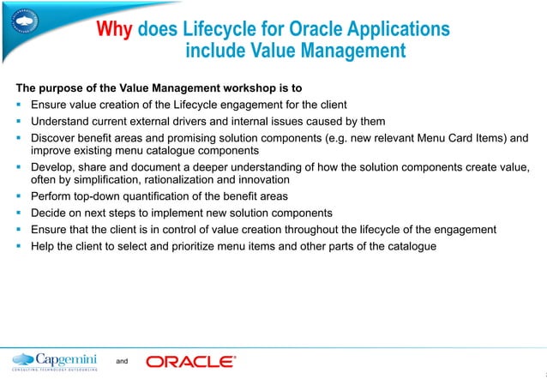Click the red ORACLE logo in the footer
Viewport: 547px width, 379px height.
coord(190,362)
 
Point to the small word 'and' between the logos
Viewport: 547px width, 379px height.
coord(122,362)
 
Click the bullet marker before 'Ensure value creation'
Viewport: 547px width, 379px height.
coord(18,105)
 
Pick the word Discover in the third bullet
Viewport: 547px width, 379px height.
coord(54,137)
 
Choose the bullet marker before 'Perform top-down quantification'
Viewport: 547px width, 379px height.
coord(18,197)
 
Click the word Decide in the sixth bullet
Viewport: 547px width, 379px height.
coord(49,214)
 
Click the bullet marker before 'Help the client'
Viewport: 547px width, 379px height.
coord(18,246)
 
